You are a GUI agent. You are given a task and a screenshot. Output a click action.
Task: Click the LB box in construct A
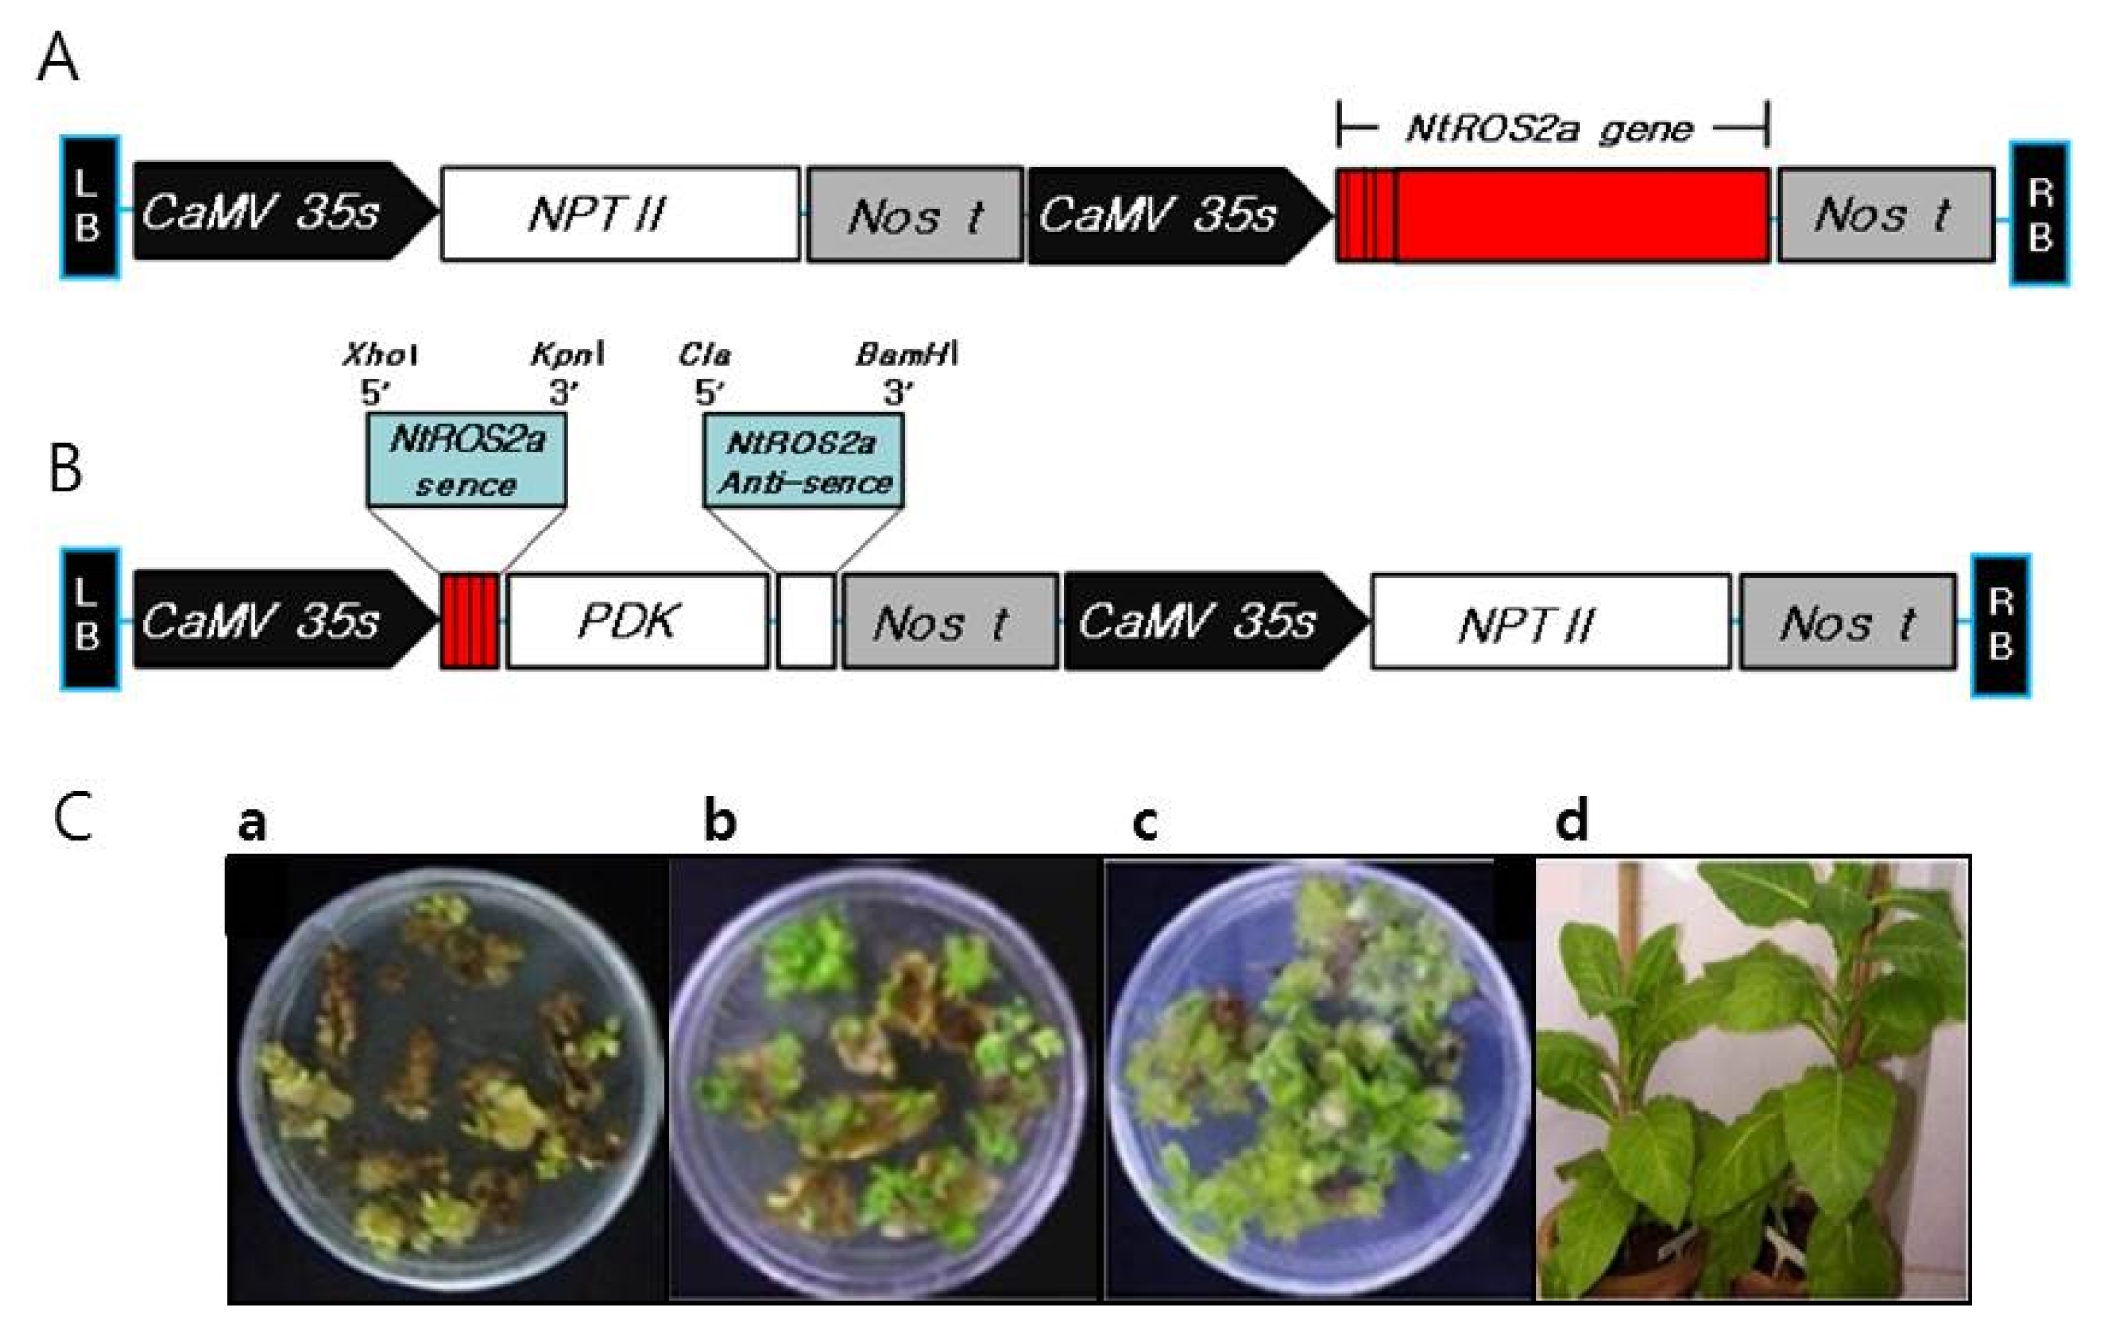(x=91, y=208)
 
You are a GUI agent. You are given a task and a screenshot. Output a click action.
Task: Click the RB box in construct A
(x=2040, y=214)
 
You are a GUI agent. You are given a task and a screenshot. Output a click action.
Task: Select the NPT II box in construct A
(x=620, y=215)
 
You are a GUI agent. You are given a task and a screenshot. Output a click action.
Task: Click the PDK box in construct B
(x=638, y=621)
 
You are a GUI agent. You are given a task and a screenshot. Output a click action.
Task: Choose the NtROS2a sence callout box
(x=467, y=460)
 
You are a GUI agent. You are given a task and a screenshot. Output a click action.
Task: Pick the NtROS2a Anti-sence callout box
(x=804, y=460)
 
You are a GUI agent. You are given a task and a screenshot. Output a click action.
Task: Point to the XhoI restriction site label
(x=381, y=354)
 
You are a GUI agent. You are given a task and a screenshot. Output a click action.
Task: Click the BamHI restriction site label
(x=907, y=354)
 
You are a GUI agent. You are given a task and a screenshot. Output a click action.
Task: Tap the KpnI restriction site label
(x=567, y=354)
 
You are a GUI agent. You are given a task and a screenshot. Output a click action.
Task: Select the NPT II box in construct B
(x=1551, y=622)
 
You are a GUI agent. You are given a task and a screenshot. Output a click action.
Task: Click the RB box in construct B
(x=2001, y=625)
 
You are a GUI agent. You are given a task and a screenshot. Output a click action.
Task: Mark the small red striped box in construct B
(x=470, y=621)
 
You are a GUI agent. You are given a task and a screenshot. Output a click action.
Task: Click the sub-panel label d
(x=1572, y=820)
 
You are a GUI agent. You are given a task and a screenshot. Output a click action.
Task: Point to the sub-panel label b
(x=720, y=820)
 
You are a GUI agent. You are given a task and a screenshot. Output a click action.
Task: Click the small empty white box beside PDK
(x=806, y=621)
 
